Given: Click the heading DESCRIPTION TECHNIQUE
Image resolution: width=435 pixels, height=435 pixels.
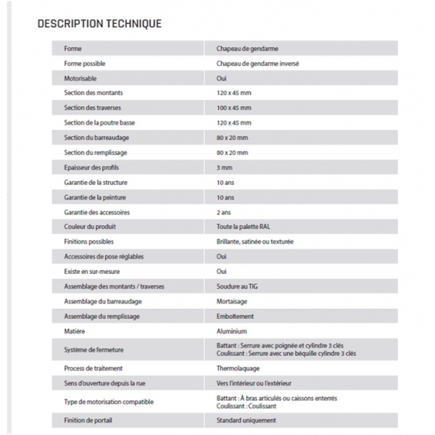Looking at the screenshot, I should (x=99, y=24).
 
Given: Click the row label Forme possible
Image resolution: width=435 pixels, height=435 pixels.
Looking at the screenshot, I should (x=84, y=63).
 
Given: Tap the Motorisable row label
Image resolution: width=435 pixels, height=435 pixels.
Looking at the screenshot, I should (x=80, y=78).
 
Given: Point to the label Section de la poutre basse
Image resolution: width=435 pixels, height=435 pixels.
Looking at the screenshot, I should (x=99, y=123).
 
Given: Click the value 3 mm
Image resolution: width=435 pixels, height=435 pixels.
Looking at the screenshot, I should (x=225, y=167).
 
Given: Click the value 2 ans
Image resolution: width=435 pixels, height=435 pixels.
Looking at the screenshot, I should (x=225, y=212).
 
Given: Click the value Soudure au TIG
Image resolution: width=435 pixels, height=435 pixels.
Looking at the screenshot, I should (x=238, y=286).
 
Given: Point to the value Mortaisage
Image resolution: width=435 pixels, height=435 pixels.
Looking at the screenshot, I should (x=233, y=301).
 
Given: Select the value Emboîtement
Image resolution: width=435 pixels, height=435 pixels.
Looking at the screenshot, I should (x=236, y=316).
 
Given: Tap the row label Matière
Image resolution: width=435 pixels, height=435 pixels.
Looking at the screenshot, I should (x=75, y=331).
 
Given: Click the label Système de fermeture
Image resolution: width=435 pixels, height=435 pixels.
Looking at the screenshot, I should (x=94, y=349).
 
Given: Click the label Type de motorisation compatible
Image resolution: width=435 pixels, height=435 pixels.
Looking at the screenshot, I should (x=109, y=402).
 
